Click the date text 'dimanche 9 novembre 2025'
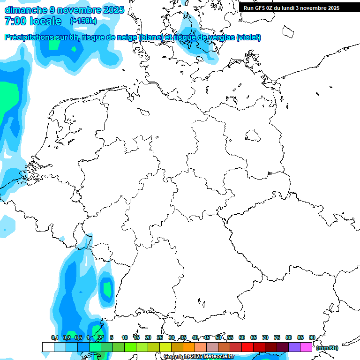tap(64, 9)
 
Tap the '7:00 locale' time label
tap(33, 21)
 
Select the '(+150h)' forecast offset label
tap(83, 21)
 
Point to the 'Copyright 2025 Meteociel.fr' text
tap(199, 357)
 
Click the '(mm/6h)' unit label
tap(327, 348)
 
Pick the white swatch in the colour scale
tap(48, 347)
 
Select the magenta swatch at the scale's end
tap(306, 347)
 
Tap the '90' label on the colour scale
tap(312, 337)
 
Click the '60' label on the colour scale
tap(242, 337)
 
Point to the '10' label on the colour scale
tap(125, 337)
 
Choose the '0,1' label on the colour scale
tap(54, 337)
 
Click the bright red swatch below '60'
tap(247, 347)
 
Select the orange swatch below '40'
tap(188, 347)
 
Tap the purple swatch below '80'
tap(294, 347)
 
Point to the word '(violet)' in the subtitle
tap(248, 37)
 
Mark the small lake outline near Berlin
tap(253, 136)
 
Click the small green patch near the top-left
tap(54, 45)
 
